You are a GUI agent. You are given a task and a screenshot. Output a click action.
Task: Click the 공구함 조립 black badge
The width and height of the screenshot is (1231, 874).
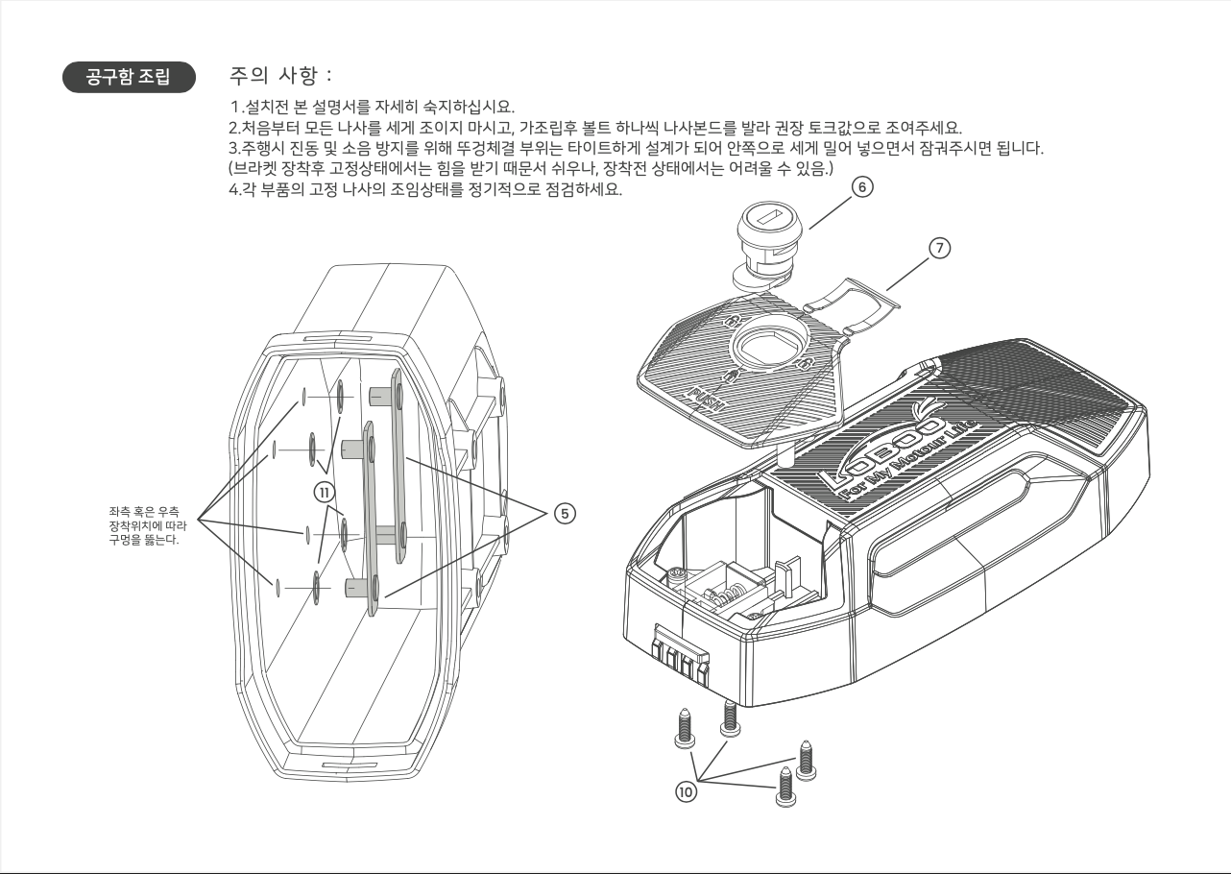pyautogui.click(x=128, y=77)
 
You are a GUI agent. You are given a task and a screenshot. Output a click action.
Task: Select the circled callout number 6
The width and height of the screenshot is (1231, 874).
pyautogui.click(x=862, y=188)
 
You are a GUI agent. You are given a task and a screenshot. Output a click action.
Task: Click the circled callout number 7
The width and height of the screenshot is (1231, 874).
pyautogui.click(x=939, y=247)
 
